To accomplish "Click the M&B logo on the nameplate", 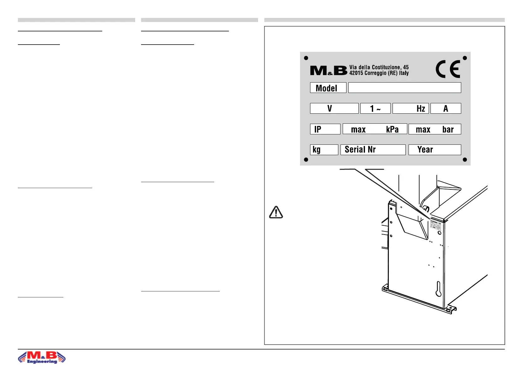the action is tap(328, 71).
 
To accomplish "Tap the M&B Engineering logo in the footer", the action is tap(42, 357).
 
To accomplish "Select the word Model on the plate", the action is tap(326, 88).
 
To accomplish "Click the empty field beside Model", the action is tap(404, 88).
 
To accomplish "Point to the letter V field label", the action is tap(330, 109).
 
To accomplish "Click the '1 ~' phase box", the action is tap(375, 109).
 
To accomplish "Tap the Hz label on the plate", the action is tap(421, 109).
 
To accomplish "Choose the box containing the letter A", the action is tap(446, 109).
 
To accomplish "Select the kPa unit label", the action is tap(392, 129).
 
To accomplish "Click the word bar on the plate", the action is tap(448, 129).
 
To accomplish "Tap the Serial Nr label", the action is tap(360, 149).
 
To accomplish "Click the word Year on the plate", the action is tap(425, 150).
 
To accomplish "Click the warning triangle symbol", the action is tap(276, 213).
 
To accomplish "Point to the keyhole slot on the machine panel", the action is tap(438, 289).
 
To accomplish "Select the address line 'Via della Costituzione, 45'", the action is tap(379, 67).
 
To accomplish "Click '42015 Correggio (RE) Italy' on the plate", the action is tap(379, 73).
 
